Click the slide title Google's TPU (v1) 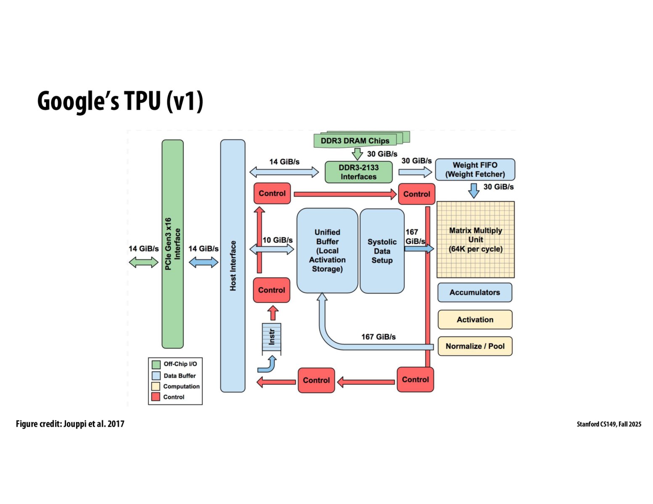point(120,101)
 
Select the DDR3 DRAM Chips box point(356,141)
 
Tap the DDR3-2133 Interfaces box point(358,172)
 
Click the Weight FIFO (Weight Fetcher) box point(475,170)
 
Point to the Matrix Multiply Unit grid point(476,240)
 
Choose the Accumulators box point(475,292)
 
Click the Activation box point(475,320)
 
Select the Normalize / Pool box point(475,346)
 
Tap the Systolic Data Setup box point(382,251)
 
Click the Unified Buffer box point(327,251)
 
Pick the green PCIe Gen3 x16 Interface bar point(172,244)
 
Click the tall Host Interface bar point(233,265)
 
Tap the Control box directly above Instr point(272,290)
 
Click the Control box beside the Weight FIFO point(416,194)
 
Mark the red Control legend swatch point(156,397)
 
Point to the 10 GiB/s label point(278,240)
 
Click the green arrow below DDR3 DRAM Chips point(357,154)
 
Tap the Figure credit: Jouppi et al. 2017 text point(70,424)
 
